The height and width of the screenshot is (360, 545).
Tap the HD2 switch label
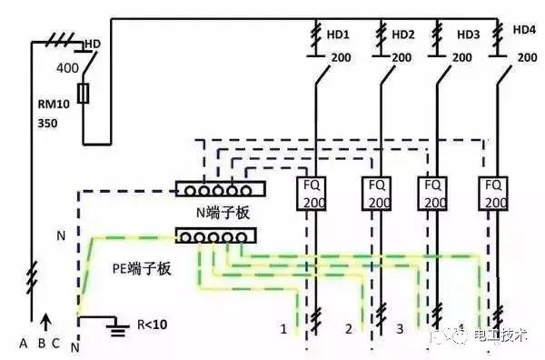403,35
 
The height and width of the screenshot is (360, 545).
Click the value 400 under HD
68,69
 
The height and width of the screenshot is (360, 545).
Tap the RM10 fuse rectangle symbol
85,94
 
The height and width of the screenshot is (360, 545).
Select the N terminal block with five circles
219,191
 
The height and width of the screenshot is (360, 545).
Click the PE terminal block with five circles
215,236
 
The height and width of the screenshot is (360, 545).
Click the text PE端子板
143,268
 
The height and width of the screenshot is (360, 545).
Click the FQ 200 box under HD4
494,194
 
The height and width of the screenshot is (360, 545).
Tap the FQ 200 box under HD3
435,194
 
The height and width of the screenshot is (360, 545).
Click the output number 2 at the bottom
347,327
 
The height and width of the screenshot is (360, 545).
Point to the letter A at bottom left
25,343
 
